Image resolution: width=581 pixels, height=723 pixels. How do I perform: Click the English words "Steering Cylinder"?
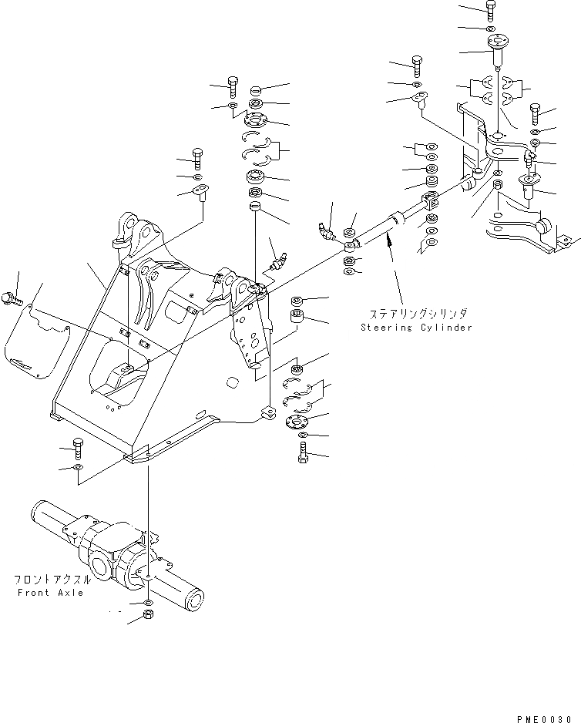coord(416,327)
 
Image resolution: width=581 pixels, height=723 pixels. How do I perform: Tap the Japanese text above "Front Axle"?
coord(51,579)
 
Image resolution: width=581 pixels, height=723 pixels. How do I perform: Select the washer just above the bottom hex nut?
coord(147,601)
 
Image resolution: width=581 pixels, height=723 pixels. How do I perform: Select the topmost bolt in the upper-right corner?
coord(492,10)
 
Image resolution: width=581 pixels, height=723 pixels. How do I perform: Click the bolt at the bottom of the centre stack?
coord(302,453)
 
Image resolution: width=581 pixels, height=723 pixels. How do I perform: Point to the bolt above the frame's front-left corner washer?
coord(76,445)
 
